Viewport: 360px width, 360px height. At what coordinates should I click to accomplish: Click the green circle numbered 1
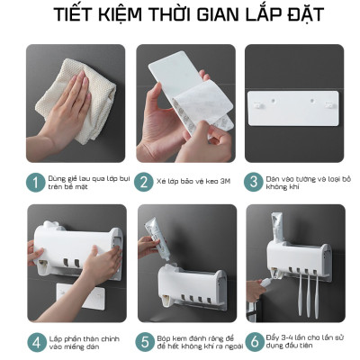pyautogui.click(x=35, y=182)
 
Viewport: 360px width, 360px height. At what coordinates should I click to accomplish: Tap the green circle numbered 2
pyautogui.click(x=144, y=182)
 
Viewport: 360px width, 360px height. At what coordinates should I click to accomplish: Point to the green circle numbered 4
pyautogui.click(x=35, y=342)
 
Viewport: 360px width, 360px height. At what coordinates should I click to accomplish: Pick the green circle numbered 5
pyautogui.click(x=144, y=342)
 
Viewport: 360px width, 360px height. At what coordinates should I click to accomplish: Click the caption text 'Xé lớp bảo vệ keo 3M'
pyautogui.click(x=193, y=182)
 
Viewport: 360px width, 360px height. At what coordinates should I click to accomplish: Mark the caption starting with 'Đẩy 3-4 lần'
pyautogui.click(x=303, y=342)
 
